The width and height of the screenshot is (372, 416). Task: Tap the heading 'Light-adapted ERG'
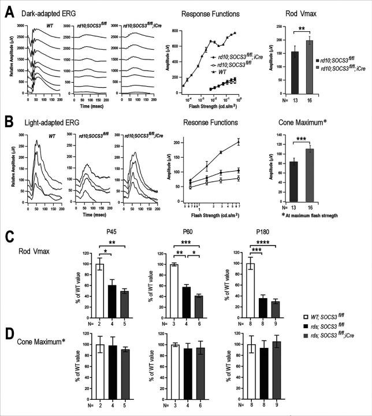tap(47, 122)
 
